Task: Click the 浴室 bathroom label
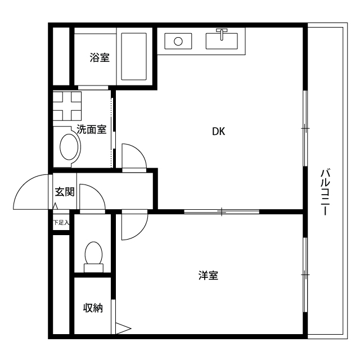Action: tap(100, 57)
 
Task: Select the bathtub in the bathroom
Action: tap(134, 56)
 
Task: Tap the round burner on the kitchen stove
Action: tap(178, 41)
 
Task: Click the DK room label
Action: tap(218, 132)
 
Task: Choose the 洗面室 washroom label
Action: tap(91, 129)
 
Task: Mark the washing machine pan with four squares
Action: tap(67, 105)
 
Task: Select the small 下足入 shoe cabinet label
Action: tap(61, 223)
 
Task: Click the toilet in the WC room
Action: tap(93, 254)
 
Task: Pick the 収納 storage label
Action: tap(93, 308)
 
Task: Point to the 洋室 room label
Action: tap(208, 276)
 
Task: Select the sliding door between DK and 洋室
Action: tap(222, 212)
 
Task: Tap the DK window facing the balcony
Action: tap(305, 128)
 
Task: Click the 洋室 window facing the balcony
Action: tap(305, 274)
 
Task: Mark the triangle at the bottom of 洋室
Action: tap(123, 327)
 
